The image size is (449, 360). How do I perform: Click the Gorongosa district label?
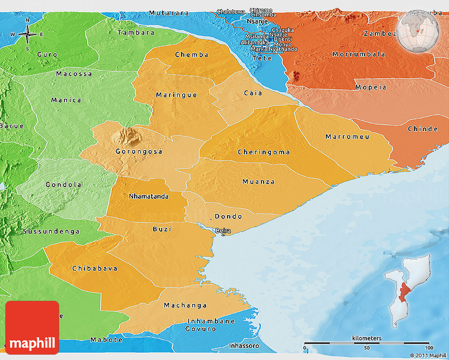[139, 151]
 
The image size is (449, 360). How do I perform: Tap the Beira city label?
[223, 230]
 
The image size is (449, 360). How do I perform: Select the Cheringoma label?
[264, 152]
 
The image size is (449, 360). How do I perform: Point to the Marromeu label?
[347, 136]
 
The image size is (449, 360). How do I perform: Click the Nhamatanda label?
[149, 196]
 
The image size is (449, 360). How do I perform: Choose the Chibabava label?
[95, 269]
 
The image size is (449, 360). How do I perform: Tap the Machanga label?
[185, 306]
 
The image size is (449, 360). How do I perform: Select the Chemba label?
[191, 54]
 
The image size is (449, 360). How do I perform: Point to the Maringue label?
[176, 95]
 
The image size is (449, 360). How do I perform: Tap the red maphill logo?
[32, 327]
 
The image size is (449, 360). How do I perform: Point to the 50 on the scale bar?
[366, 348]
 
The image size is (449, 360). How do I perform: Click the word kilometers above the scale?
[367, 338]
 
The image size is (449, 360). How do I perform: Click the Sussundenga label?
[51, 232]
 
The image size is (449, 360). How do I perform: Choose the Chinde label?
[423, 129]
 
